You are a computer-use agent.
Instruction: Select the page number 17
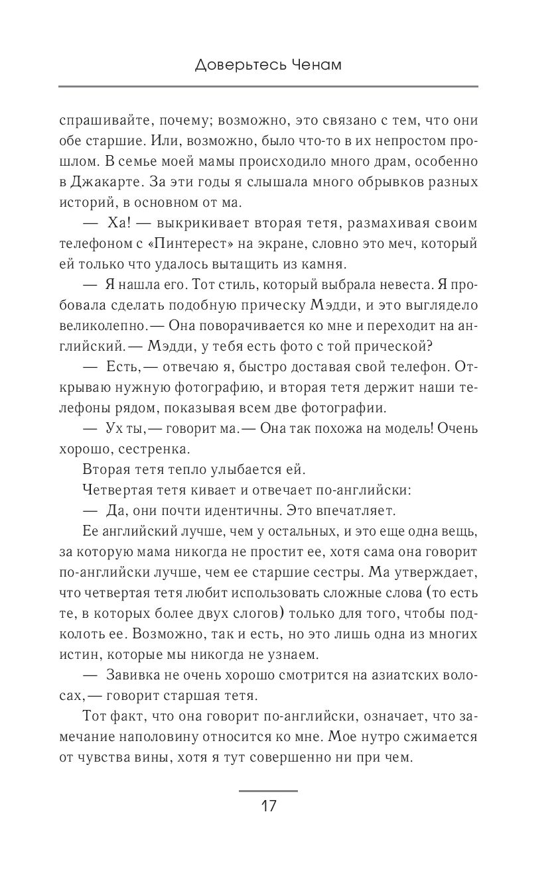pyautogui.click(x=268, y=807)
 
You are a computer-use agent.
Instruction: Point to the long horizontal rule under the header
pyautogui.click(x=268, y=87)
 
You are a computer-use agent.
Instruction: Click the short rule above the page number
pyautogui.click(x=268, y=791)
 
